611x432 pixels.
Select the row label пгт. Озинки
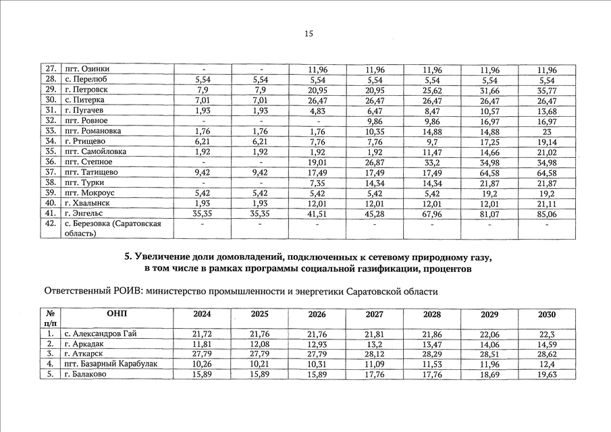click(x=86, y=70)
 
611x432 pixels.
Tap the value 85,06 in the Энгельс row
click(x=548, y=214)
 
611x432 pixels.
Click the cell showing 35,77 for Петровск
click(x=548, y=90)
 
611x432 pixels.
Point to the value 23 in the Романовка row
click(x=548, y=131)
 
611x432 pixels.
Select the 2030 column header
click(x=548, y=315)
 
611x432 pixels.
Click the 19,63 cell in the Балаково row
click(x=548, y=375)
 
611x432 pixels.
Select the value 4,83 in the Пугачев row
click(x=317, y=111)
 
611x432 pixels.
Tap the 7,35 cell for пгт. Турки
click(x=317, y=183)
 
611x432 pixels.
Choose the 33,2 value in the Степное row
click(x=432, y=162)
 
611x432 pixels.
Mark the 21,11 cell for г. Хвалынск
click(x=548, y=203)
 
